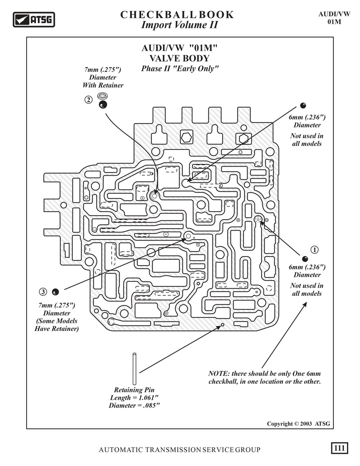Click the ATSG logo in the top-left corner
(34, 20)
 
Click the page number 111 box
(339, 448)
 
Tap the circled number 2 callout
(89, 100)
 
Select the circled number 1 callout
(314, 249)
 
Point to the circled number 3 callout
(43, 292)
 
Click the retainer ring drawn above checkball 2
(103, 96)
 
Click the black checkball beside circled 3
(55, 292)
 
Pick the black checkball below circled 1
(305, 258)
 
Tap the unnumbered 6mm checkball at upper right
(303, 105)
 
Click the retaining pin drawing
(134, 368)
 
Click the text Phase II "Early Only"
(180, 68)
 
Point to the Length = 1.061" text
(134, 398)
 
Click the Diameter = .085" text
(134, 405)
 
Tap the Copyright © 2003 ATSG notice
(298, 424)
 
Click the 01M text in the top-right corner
(334, 22)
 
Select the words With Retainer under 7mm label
(103, 85)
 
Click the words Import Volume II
(180, 25)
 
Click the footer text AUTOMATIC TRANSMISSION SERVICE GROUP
(180, 450)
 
